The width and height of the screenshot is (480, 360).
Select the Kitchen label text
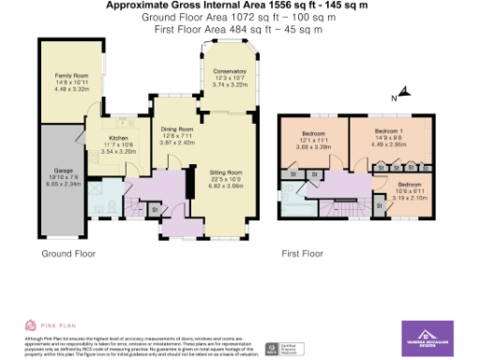pos(119,139)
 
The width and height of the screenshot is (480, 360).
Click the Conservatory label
pos(229,72)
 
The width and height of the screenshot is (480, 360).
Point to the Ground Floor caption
pos(67,253)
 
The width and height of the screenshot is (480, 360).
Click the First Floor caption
pos(302,253)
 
